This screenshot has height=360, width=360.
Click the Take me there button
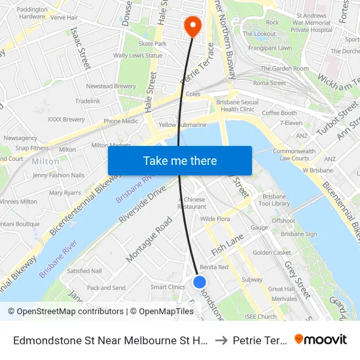[x=180, y=160]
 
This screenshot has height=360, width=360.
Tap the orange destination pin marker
[x=192, y=26]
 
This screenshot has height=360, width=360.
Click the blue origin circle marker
[x=200, y=281]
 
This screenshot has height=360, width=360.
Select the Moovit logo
[x=321, y=339]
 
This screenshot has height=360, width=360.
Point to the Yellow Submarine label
[x=182, y=124]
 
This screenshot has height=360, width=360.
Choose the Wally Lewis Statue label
[x=137, y=56]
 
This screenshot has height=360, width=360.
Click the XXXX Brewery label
[x=66, y=119]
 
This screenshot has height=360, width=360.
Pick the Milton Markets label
[x=111, y=145]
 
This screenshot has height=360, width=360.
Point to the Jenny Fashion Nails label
[x=58, y=175]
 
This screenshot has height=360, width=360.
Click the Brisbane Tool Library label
[x=275, y=200]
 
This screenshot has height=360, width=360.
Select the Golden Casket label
[x=272, y=253]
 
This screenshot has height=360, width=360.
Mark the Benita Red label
[x=214, y=267]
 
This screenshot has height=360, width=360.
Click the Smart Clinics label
[x=168, y=287]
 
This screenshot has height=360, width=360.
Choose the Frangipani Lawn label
[x=267, y=48]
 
